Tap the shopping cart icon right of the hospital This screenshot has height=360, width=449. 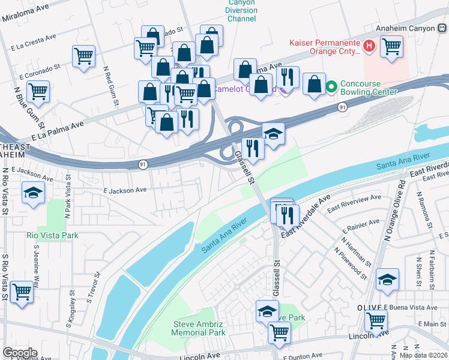click(x=391, y=46)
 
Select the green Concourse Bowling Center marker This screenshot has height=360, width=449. click(x=331, y=88)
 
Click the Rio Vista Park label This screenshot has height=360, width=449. click(x=52, y=235)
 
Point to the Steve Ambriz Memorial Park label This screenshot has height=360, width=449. click(x=199, y=328)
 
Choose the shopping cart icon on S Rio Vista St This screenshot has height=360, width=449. click(x=22, y=292)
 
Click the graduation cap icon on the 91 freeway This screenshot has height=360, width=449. click(x=273, y=133)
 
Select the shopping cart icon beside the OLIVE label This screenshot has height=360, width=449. click(x=376, y=322)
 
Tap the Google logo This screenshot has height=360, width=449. click(x=20, y=353)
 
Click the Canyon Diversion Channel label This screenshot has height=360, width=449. click(x=241, y=11)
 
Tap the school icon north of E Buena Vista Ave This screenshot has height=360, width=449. click(x=387, y=280)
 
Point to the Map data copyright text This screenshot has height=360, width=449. click(x=423, y=355)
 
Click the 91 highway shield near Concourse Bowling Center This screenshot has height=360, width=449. click(x=341, y=107)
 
